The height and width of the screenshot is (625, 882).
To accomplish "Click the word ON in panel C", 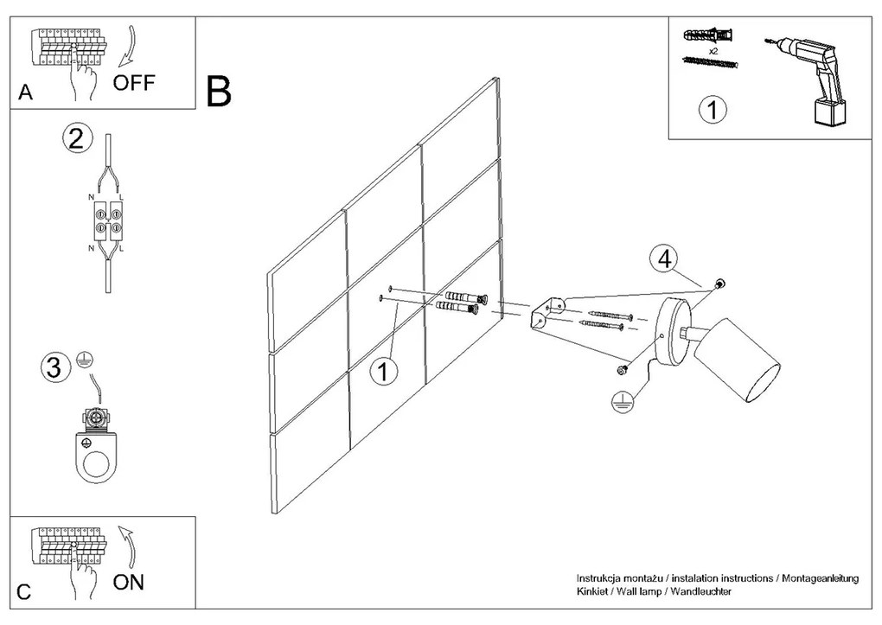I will click(129, 582).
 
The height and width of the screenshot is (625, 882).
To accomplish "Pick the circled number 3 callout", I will click(53, 369).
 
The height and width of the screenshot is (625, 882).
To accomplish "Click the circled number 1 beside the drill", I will click(712, 110).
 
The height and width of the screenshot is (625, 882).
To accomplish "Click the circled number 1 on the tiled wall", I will click(383, 372).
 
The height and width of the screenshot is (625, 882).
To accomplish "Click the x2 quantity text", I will click(714, 52).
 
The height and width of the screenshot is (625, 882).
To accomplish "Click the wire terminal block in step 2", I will click(106, 221).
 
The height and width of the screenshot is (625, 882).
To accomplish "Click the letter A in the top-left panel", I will click(25, 93).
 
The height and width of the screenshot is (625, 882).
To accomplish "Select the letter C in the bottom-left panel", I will click(24, 592).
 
